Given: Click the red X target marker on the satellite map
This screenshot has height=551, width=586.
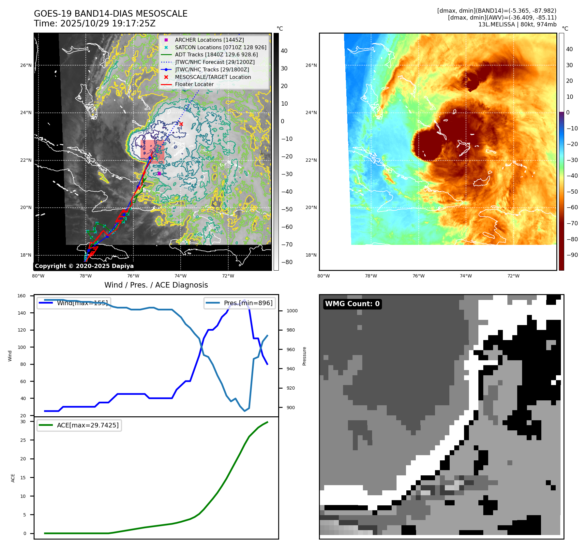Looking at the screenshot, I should [x=181, y=124].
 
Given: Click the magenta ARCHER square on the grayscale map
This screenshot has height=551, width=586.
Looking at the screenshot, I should [x=159, y=173].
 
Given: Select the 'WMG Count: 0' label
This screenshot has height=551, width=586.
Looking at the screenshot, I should [x=352, y=304].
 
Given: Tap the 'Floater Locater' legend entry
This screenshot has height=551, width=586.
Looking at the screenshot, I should [x=194, y=84].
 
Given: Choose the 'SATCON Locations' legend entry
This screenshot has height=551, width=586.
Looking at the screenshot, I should [x=220, y=47].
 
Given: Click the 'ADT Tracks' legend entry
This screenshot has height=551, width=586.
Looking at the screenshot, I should [x=216, y=55].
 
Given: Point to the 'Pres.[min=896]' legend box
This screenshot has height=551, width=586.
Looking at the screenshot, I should [x=240, y=303].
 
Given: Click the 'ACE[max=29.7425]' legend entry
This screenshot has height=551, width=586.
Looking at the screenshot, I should [x=79, y=425].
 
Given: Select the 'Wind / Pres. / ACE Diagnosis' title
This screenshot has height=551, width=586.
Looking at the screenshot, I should [x=156, y=285].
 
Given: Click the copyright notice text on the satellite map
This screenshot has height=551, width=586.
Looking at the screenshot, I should [x=84, y=266].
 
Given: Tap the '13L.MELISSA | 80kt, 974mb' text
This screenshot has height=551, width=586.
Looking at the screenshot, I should [x=517, y=24].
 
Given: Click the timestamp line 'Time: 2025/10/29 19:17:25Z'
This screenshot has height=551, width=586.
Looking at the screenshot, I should [x=95, y=23].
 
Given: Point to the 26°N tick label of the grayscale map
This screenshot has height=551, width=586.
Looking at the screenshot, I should [x=26, y=65].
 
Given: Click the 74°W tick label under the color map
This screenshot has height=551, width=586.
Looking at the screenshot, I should [x=466, y=276].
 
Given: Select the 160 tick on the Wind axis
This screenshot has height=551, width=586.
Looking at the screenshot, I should [x=22, y=296].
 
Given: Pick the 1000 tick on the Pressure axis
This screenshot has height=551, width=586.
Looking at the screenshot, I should [x=292, y=311].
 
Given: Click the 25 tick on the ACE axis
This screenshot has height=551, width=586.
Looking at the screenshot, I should [x=23, y=440].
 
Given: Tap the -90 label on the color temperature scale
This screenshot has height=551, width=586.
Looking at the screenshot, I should [x=572, y=255].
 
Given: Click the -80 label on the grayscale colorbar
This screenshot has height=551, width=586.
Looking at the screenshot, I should [x=287, y=262].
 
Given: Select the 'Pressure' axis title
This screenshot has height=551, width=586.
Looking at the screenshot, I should [x=304, y=356].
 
